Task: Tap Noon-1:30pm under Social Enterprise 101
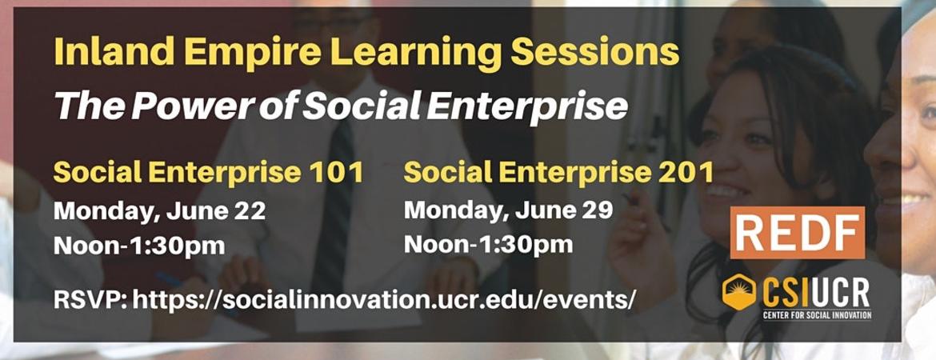(139, 245)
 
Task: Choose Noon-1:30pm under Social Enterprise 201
(488, 243)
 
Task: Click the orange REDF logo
(797, 232)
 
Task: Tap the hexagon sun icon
(738, 292)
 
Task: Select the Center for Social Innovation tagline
(817, 314)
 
